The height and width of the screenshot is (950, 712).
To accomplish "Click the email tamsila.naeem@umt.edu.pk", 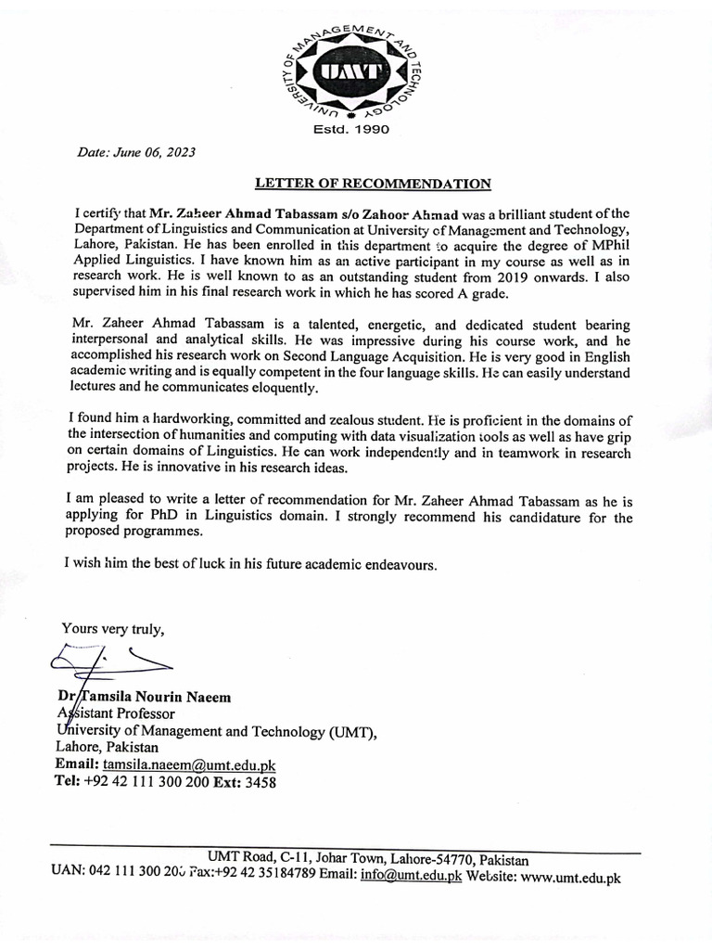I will pyautogui.click(x=189, y=764).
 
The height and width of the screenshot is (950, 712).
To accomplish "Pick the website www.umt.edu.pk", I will pyautogui.click(x=571, y=877).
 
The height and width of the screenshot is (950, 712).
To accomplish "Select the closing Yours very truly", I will pyautogui.click(x=113, y=628).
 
